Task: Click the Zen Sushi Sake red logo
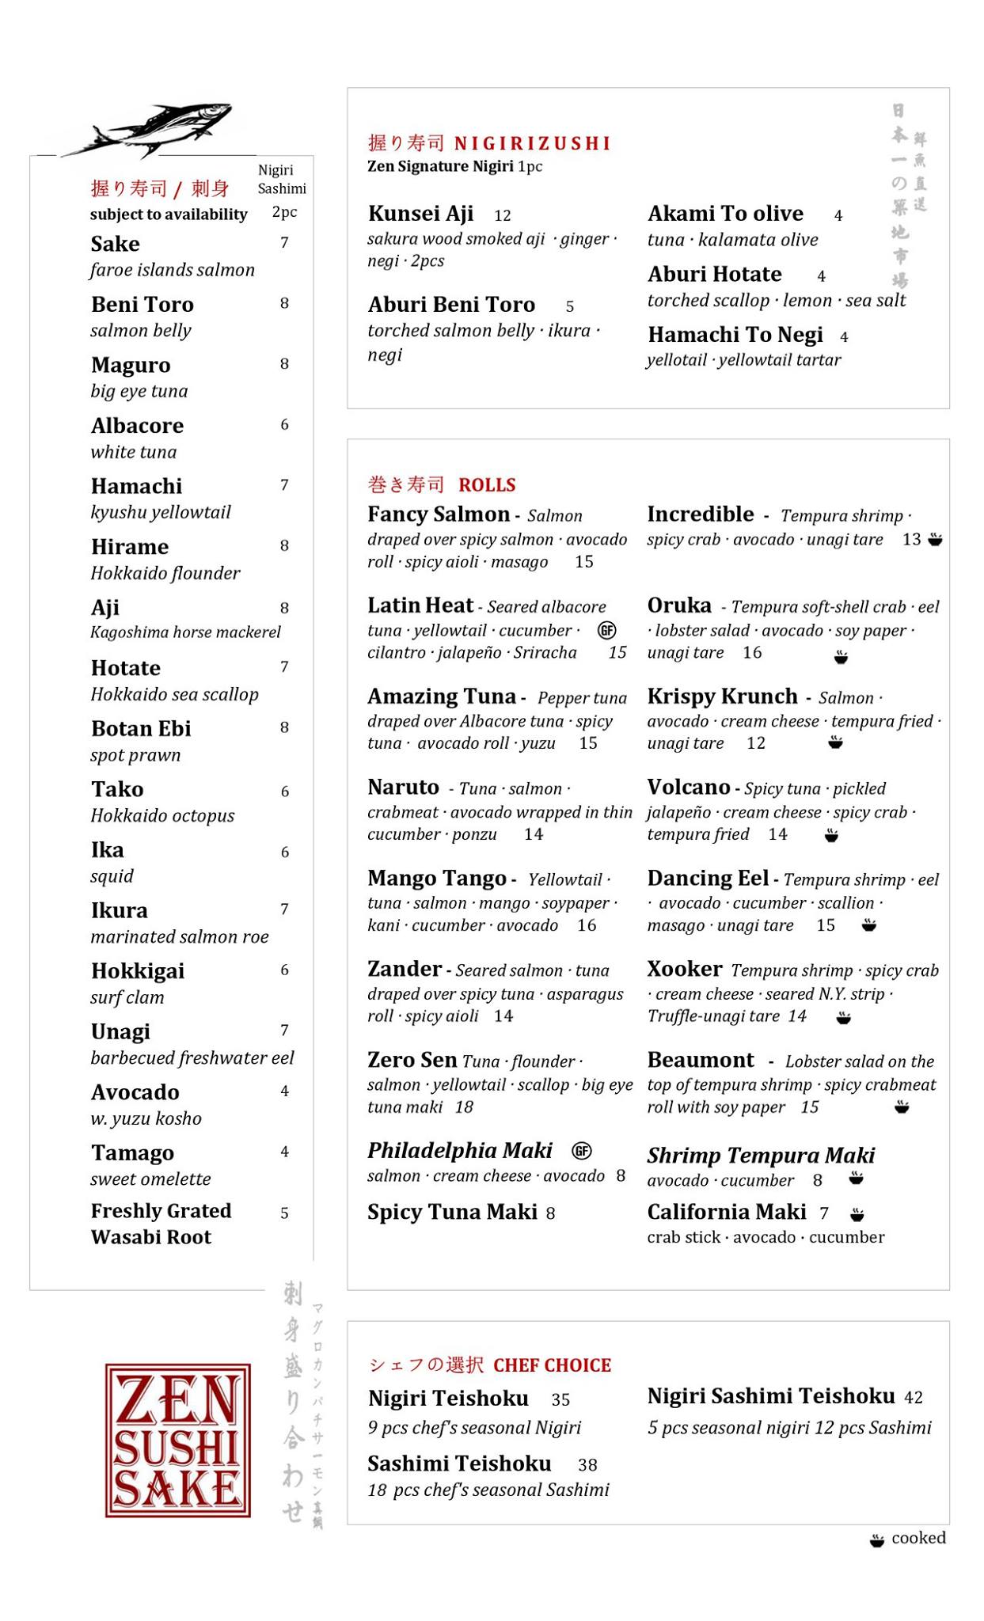pos(177,1440)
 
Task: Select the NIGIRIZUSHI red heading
pos(532,143)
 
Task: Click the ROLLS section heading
pos(487,485)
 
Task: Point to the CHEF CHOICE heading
pos(552,1365)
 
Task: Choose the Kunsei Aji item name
pos(420,214)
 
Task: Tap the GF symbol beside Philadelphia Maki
pos(582,1151)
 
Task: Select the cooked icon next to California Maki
pos(857,1214)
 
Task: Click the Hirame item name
pos(129,547)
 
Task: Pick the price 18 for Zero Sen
pos(464,1107)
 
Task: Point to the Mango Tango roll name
pos(437,879)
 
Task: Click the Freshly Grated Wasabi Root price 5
pos(284,1213)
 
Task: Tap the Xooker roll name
pos(684,970)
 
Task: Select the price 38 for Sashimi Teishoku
pos(587,1465)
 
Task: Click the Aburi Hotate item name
pos(714,275)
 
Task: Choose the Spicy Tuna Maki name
pos(452,1212)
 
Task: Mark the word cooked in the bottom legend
pos(918,1538)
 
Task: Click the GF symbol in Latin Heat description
pos(606,630)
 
